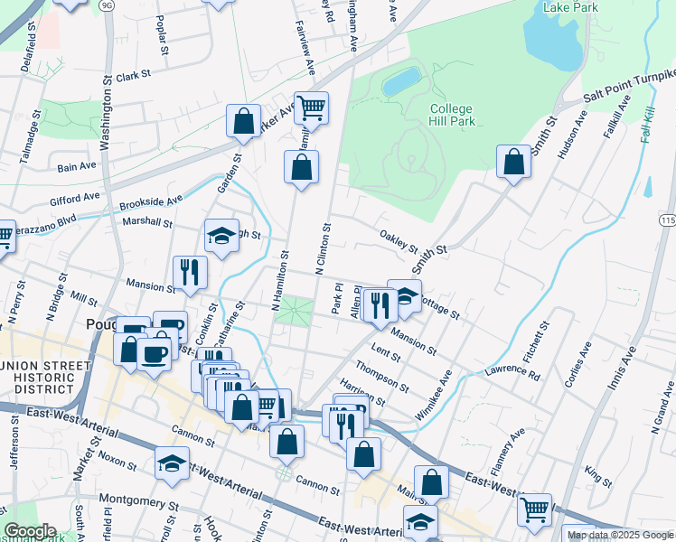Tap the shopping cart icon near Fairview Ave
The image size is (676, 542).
click(311, 107)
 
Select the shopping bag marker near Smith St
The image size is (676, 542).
click(513, 162)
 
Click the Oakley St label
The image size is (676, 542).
click(399, 241)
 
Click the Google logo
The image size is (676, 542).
click(31, 531)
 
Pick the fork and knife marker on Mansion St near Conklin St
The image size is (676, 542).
click(190, 272)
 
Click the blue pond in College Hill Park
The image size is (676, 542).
click(401, 82)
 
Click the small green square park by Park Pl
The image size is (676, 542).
click(293, 312)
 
